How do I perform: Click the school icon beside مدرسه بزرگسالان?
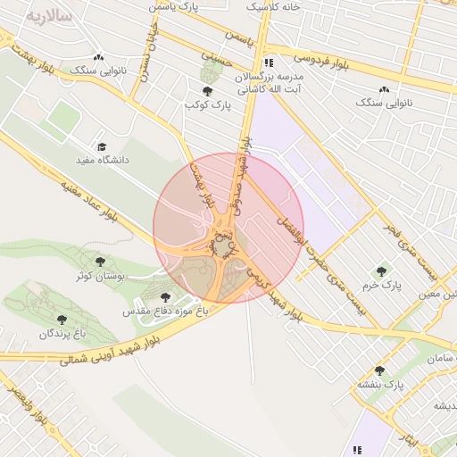[x=268, y=62]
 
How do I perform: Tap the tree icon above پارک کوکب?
[x=208, y=91]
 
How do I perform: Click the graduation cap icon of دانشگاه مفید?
[x=101, y=147]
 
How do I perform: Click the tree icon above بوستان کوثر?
[x=103, y=262]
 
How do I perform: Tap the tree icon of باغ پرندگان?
[x=62, y=319]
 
